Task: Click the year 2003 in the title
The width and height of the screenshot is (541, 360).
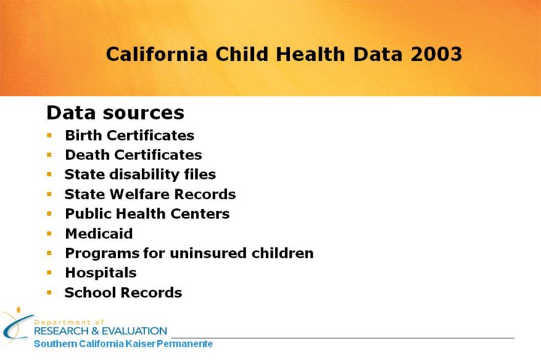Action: [436, 54]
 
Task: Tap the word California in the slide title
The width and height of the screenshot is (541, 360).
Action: [157, 54]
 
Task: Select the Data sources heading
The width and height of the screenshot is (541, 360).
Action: [116, 113]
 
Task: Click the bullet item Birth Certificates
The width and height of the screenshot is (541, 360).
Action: [130, 135]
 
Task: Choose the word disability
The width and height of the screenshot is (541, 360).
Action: [143, 174]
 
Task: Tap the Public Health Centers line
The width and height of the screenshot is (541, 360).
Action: [147, 214]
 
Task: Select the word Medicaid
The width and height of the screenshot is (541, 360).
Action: [99, 234]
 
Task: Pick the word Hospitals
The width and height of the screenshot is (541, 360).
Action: [101, 273]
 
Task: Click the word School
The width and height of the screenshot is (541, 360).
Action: [90, 292]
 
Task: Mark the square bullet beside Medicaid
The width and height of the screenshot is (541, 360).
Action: [50, 234]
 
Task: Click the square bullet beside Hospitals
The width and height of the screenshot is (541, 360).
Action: [50, 273]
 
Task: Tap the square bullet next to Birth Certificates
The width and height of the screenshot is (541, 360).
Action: [50, 135]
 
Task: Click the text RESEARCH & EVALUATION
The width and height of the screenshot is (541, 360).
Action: [101, 331]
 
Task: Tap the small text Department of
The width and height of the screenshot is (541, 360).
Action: [69, 322]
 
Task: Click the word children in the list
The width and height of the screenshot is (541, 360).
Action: [283, 253]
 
